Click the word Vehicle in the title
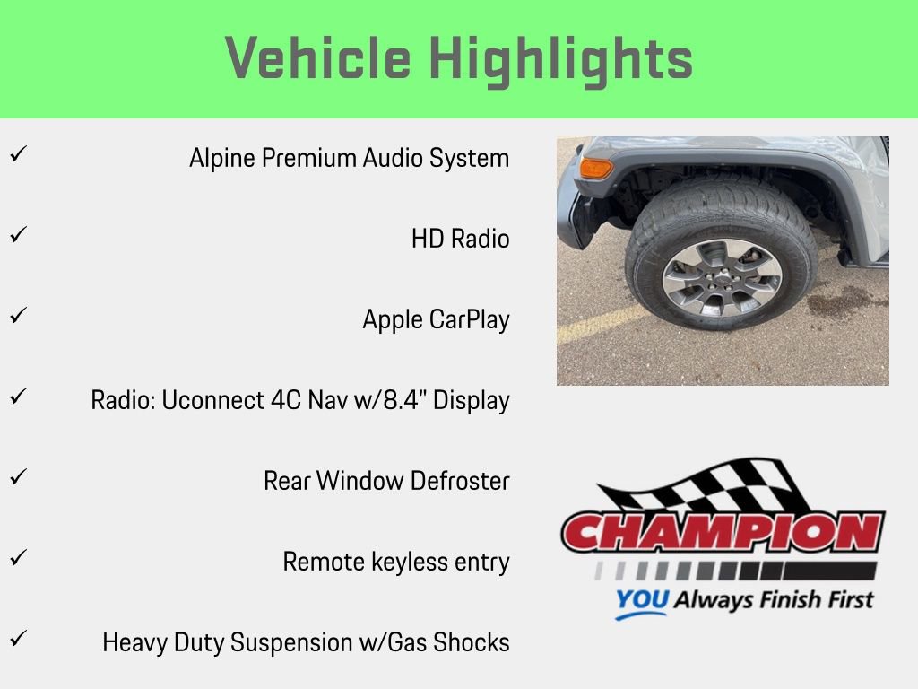[x=317, y=59]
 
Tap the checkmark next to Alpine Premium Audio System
[x=16, y=155]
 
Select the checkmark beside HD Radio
[x=16, y=236]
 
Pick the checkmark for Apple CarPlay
[x=16, y=317]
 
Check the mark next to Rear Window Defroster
[x=16, y=478]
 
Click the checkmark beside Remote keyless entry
[x=16, y=559]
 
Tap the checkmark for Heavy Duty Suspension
[x=16, y=640]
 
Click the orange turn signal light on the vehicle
[x=595, y=168]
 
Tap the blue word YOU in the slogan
[x=642, y=600]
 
